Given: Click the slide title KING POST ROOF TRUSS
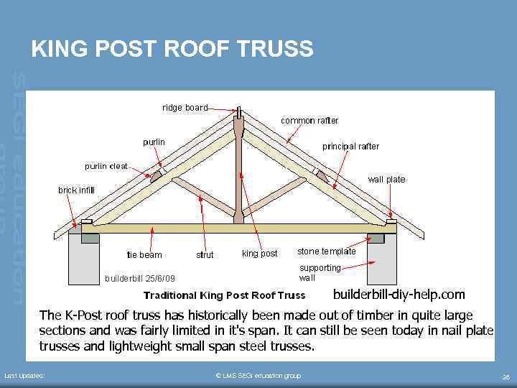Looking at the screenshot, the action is [x=172, y=49].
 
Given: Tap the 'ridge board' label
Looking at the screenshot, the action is [x=185, y=108].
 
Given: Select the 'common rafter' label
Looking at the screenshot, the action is [x=309, y=121].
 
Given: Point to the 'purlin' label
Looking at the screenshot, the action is [x=153, y=142].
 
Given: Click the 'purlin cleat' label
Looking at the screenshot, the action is [x=106, y=167].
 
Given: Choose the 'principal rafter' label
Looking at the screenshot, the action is [x=350, y=147].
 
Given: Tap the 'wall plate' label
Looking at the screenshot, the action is [x=386, y=180].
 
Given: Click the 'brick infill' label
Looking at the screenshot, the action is [x=76, y=190].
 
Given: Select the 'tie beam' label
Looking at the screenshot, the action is [x=144, y=254].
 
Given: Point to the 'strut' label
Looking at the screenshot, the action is [x=205, y=254].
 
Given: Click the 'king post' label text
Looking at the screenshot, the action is [x=259, y=254].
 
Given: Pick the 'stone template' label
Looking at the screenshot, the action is [x=326, y=251].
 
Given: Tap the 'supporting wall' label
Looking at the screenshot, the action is [x=320, y=272].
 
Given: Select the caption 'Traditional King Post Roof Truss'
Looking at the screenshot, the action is [x=224, y=295].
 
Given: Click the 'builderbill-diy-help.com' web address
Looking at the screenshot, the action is [x=399, y=295].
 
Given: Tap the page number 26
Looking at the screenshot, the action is [x=506, y=377].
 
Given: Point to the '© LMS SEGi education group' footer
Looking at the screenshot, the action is [x=258, y=376].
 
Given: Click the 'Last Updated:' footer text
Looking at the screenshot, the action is [x=24, y=376].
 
